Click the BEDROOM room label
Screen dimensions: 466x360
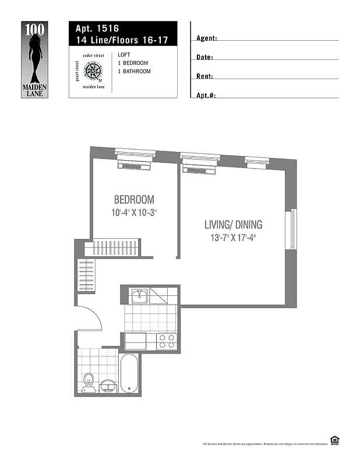[x=134, y=199]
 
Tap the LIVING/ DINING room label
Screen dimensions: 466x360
[x=233, y=224]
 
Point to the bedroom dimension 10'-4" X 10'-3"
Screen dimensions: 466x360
[x=134, y=213]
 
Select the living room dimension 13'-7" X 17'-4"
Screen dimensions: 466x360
[x=233, y=238]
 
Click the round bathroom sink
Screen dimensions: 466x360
[x=108, y=386]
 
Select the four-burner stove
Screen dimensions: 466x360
[x=167, y=341]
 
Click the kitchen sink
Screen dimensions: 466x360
[x=139, y=297]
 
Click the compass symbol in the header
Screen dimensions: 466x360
[x=93, y=72]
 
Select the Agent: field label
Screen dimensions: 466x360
[x=207, y=38]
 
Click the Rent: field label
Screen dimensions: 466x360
[x=205, y=76]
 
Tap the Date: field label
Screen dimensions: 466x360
[x=204, y=57]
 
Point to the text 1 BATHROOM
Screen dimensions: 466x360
[x=134, y=72]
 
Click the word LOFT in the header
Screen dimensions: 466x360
[x=123, y=55]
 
